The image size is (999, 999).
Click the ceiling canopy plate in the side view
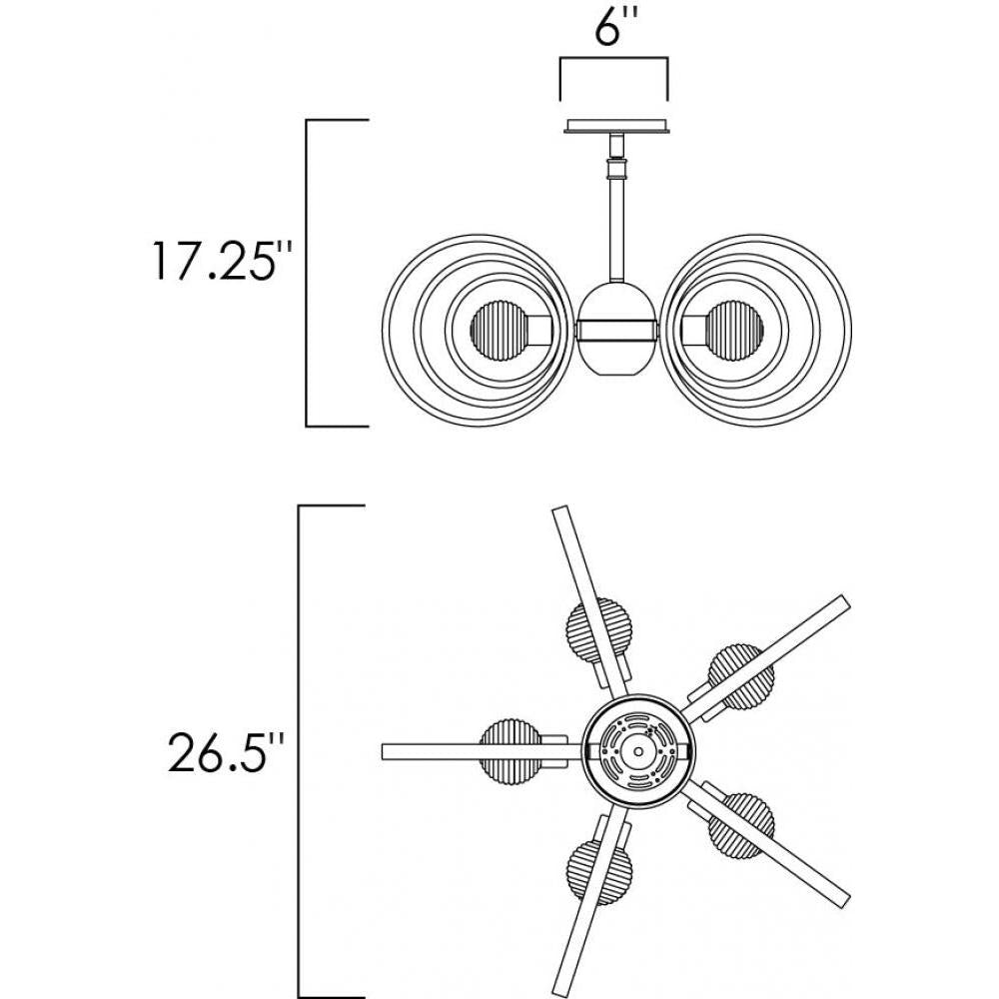coord(614,126)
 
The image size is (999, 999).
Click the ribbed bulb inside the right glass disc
coord(735,332)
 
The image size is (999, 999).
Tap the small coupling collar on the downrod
coord(616,169)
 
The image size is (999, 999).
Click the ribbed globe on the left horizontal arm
coord(509,751)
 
